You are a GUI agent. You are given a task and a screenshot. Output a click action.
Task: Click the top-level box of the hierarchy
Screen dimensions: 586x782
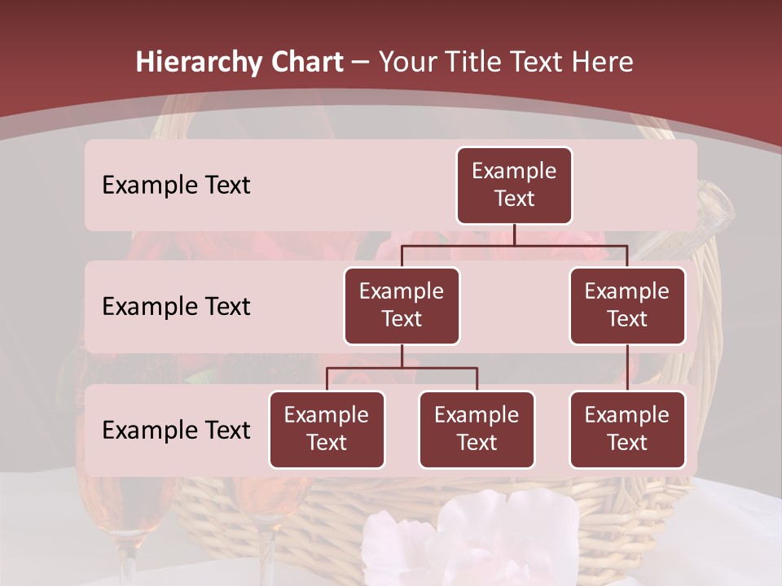(x=514, y=186)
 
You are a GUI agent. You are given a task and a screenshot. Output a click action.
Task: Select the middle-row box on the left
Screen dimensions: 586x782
(x=402, y=306)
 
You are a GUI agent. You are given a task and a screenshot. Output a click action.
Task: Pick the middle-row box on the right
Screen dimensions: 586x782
(x=627, y=306)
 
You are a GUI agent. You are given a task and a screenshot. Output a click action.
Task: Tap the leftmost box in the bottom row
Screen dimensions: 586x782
(x=327, y=430)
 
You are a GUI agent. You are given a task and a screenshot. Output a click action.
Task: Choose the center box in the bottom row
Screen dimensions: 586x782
(x=477, y=430)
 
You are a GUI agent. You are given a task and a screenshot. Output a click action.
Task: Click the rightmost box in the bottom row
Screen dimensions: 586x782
(x=627, y=430)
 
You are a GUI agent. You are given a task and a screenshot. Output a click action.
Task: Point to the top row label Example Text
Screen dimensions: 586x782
(x=176, y=186)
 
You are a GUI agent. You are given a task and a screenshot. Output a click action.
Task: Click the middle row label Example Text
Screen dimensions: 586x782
(x=176, y=307)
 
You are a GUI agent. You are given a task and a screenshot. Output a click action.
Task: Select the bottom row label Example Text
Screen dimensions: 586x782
(x=176, y=431)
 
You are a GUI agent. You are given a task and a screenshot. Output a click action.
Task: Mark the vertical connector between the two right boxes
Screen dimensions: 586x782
(x=627, y=368)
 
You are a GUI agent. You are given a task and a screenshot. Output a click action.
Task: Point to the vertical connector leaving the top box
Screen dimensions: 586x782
(x=514, y=234)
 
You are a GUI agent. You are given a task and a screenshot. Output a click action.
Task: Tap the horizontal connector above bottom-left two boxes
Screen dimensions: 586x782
(x=402, y=368)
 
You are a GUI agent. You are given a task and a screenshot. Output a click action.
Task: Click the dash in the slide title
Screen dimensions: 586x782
(x=361, y=63)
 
